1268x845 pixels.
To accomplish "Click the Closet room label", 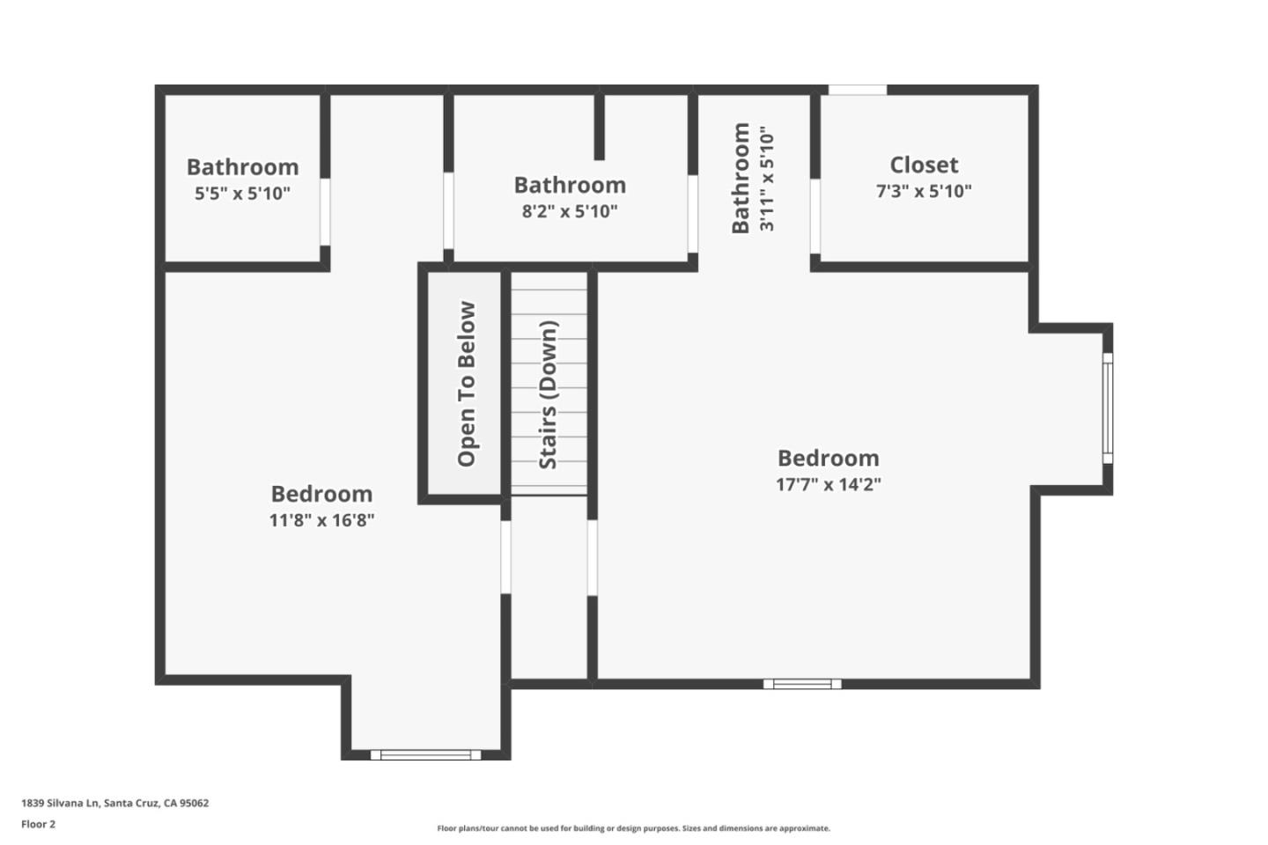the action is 924,165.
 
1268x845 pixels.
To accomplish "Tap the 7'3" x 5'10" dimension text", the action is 924,191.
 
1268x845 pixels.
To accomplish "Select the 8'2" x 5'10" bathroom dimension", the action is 570,211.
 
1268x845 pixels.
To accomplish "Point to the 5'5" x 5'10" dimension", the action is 242,194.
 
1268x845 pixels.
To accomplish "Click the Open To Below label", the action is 467,385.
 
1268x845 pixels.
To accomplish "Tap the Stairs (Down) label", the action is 549,395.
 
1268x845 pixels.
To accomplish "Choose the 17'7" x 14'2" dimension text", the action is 828,485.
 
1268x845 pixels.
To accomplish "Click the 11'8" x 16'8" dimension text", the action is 321,520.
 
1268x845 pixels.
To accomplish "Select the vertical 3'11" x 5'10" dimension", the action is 766,179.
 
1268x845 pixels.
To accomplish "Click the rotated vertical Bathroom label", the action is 741,178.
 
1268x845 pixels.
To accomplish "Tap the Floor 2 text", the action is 39,824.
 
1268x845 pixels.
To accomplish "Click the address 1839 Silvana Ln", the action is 61,803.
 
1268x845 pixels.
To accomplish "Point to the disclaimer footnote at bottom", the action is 633,828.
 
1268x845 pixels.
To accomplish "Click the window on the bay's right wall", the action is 1108,408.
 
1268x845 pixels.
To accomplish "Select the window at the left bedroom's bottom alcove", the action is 425,755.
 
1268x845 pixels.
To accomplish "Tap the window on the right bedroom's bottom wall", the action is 802,684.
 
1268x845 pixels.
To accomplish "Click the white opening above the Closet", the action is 858,90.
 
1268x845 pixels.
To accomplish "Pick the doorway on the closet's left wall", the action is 815,217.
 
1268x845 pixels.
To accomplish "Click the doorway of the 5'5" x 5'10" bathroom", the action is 325,212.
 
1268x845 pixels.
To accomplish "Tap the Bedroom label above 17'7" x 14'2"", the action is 828,459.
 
